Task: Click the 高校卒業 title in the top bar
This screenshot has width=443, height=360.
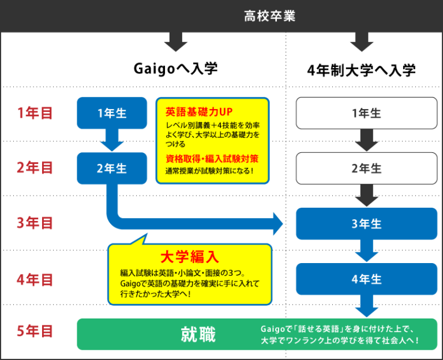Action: tap(269, 16)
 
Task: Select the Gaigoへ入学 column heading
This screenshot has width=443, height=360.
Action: tap(176, 69)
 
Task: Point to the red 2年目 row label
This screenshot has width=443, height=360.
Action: tap(35, 168)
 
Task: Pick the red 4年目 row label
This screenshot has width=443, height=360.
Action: tap(35, 279)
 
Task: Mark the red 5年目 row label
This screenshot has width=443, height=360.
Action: tap(35, 332)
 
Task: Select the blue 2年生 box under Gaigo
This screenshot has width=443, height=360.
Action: tap(112, 168)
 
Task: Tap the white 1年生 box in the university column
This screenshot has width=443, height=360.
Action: tap(366, 113)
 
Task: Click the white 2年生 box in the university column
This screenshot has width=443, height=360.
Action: tap(366, 168)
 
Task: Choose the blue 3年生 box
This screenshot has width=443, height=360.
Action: tap(366, 224)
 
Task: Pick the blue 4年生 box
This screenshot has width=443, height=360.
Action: tap(366, 279)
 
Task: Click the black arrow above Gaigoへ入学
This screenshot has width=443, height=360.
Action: tap(176, 42)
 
